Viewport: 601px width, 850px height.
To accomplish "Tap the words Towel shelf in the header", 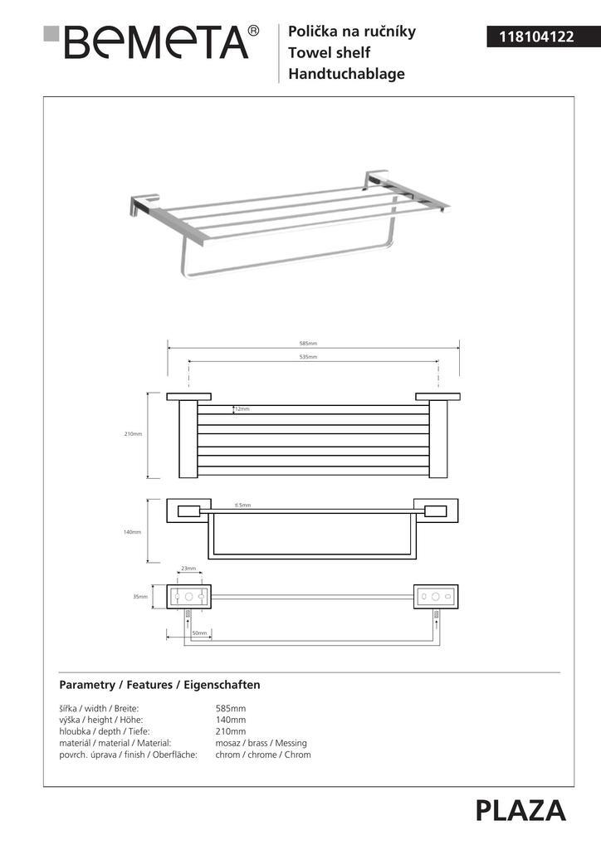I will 329,53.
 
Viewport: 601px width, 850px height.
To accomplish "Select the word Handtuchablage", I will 346,74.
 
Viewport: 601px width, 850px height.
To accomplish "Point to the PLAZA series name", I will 520,810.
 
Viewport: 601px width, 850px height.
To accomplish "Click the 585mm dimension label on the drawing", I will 309,344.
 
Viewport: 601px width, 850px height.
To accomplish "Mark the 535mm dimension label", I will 309,357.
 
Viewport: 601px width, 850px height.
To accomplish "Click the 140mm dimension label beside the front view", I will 134,532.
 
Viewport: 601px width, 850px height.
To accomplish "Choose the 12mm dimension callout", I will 242,409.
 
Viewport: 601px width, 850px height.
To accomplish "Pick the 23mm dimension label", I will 188,569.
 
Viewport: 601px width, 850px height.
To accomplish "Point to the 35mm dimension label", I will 141,597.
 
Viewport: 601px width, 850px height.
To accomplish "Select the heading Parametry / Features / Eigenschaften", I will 160,685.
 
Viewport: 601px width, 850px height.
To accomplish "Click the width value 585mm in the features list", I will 231,708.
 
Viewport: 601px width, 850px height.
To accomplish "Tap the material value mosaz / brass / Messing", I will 261,743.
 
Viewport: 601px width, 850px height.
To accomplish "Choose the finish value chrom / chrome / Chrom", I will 263,755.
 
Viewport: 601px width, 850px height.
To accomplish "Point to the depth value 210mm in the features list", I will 231,731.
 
